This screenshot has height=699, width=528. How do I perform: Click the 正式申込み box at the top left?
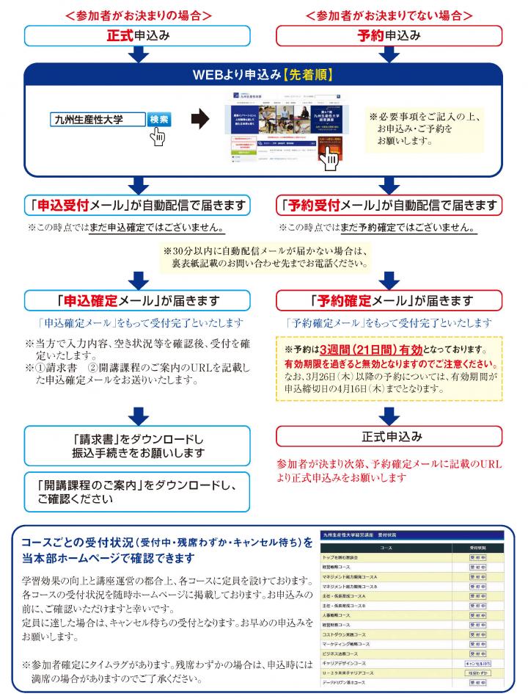point(136,35)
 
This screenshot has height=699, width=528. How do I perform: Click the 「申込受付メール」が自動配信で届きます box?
point(136,204)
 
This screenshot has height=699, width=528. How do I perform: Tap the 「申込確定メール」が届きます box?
point(136,301)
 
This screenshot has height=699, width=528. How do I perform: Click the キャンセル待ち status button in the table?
point(477,663)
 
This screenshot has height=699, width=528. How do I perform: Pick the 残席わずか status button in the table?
point(477,673)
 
